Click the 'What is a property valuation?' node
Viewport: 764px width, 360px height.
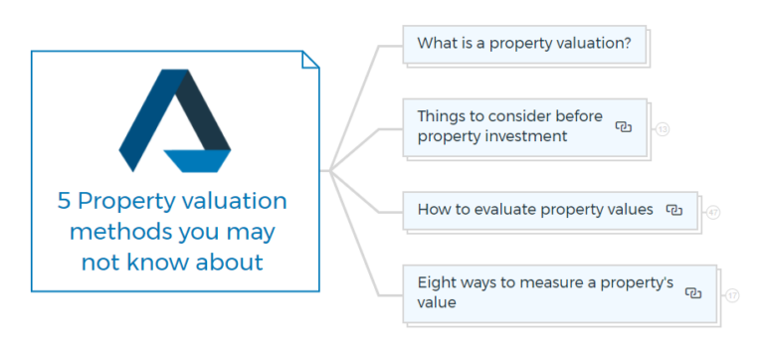(524, 44)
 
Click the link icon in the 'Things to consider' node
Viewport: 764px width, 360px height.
(625, 126)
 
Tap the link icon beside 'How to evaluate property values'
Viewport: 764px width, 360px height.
(674, 210)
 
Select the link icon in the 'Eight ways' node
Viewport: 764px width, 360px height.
(694, 292)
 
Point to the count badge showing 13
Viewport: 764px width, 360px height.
(663, 128)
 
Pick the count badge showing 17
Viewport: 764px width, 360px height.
(732, 294)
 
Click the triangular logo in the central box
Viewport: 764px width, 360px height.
(175, 120)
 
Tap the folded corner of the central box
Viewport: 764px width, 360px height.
(310, 61)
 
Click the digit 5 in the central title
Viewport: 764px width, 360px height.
(65, 202)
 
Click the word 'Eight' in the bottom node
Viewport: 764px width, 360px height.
(437, 283)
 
